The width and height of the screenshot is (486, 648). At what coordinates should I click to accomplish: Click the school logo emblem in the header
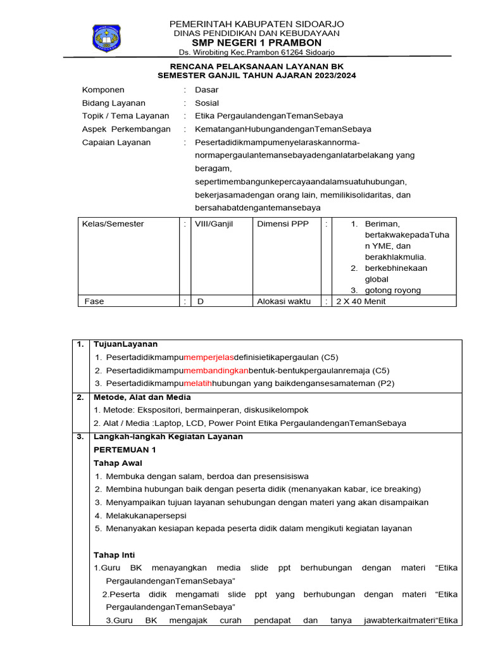pos(106,37)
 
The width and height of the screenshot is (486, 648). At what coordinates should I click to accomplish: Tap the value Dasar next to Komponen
pos(206,90)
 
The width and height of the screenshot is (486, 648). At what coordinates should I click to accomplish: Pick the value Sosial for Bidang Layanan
pos(207,103)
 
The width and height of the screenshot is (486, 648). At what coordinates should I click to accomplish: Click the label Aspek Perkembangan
pos(127,129)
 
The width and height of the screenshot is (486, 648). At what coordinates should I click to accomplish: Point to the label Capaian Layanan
pos(116,142)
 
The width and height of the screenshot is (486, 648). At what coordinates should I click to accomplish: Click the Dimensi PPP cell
pos(283,224)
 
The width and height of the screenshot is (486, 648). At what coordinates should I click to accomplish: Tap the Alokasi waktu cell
pos(283,301)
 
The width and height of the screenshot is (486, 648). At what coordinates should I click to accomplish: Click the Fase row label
pos(94,301)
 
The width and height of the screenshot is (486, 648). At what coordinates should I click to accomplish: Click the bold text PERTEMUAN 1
pos(125,449)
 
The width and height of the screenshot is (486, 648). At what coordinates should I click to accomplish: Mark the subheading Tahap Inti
pos(114,555)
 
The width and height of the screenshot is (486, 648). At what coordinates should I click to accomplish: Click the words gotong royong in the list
pos(393,290)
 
